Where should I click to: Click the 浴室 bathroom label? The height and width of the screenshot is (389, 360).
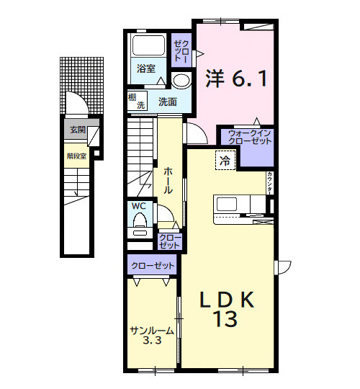(x=146, y=68)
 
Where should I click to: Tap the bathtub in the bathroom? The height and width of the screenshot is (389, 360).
(x=148, y=45)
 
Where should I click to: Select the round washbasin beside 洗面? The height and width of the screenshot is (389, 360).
(x=181, y=81)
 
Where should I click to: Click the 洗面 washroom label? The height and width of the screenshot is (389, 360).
(x=168, y=102)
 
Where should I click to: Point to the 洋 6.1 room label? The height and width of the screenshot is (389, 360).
(x=237, y=79)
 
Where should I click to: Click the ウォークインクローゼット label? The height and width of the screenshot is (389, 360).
(x=250, y=137)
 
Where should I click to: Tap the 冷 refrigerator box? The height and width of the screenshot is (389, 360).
(x=225, y=161)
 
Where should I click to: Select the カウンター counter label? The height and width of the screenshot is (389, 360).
(x=269, y=183)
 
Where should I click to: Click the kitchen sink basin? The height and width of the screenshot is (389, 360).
(x=227, y=204)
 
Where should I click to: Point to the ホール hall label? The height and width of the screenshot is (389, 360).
(x=168, y=181)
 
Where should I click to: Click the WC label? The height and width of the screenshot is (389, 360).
(x=138, y=206)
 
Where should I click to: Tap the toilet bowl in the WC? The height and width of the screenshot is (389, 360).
(x=140, y=220)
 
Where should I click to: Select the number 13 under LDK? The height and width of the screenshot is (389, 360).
(x=226, y=319)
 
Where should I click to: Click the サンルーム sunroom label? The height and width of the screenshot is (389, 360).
(x=152, y=331)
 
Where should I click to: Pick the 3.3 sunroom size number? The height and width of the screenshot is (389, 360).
(x=152, y=340)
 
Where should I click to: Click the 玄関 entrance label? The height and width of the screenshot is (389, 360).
(x=78, y=130)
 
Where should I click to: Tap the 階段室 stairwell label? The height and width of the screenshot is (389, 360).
(x=76, y=156)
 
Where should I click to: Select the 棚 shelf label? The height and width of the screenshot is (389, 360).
(x=132, y=97)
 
